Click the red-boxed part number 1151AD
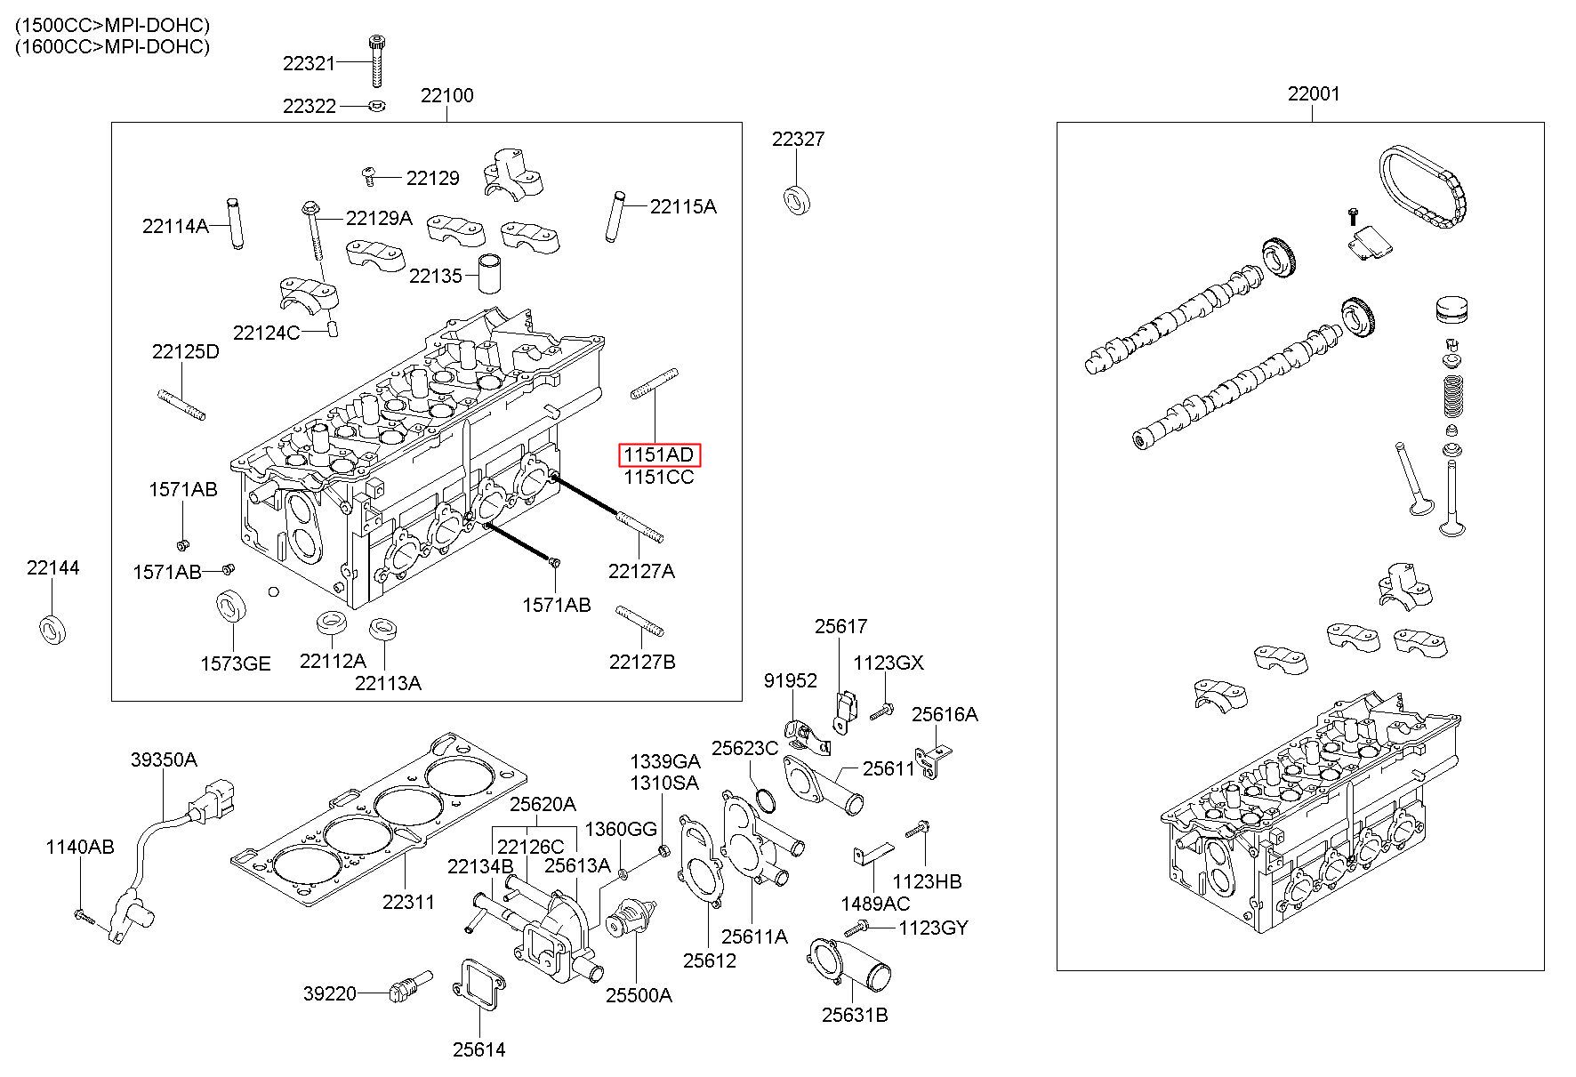pos(659,455)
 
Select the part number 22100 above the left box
pos(446,95)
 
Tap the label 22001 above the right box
pos(1314,93)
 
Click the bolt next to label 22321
pos(375,61)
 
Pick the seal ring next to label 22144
pos(52,629)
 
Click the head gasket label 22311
pos(408,902)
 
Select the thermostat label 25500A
pos(639,994)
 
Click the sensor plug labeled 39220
pos(410,987)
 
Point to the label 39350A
pos(164,760)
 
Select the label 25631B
pos(855,1015)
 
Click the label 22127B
pos(642,661)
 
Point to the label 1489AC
pos(875,904)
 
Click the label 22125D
pos(185,351)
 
